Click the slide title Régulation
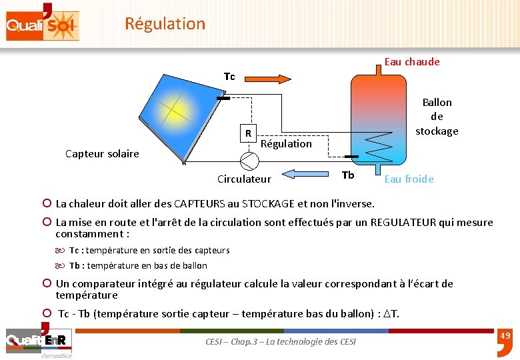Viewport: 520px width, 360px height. click(x=165, y=24)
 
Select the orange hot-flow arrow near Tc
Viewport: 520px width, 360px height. click(x=271, y=79)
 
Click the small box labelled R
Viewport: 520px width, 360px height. click(x=248, y=133)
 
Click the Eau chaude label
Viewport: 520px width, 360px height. click(x=412, y=62)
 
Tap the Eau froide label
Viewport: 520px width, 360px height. click(x=409, y=179)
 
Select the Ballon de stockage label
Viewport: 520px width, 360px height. click(x=437, y=117)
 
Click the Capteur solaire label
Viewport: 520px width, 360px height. click(x=102, y=154)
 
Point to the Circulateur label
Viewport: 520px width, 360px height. click(x=244, y=179)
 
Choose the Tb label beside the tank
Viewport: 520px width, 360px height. click(x=347, y=175)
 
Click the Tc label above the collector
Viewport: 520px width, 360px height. click(x=229, y=77)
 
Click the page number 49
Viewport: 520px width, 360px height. click(x=505, y=336)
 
